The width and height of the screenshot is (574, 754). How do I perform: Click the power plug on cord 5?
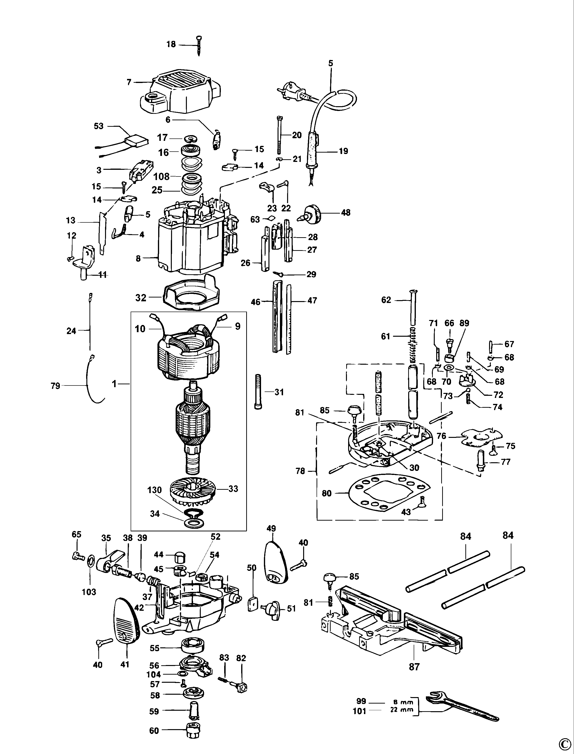point(294,92)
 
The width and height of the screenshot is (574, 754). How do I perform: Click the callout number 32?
point(141,298)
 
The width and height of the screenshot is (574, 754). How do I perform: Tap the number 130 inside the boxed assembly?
point(154,490)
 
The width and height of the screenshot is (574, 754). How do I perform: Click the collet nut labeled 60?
point(192,730)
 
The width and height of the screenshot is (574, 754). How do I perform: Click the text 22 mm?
point(403,709)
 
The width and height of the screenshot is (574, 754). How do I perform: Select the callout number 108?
point(162,176)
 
